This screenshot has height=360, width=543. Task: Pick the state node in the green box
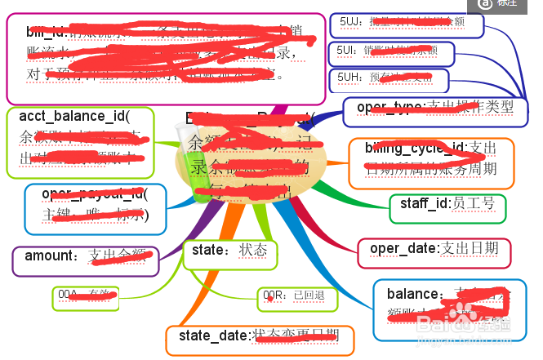[229, 254]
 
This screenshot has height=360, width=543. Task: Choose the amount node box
[85, 260]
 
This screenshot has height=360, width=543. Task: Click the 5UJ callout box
[407, 24]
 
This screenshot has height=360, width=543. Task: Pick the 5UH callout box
[389, 79]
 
